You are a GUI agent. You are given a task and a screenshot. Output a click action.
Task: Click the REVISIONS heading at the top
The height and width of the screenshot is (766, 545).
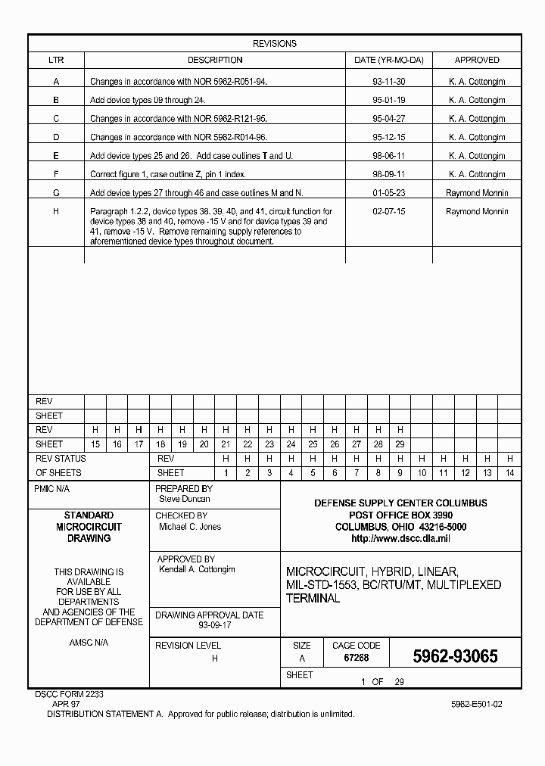click(x=274, y=44)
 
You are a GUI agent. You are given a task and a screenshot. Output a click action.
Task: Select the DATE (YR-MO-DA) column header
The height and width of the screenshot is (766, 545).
click(x=389, y=60)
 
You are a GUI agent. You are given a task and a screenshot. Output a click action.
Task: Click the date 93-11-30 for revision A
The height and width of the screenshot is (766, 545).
click(x=389, y=81)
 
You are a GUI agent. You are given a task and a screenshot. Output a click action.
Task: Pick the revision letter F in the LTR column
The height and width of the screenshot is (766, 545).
click(x=56, y=174)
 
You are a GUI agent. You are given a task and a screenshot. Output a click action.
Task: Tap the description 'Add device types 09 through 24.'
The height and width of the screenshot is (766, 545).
click(x=148, y=100)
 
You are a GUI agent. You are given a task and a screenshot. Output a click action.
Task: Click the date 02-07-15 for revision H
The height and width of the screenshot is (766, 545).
click(x=389, y=212)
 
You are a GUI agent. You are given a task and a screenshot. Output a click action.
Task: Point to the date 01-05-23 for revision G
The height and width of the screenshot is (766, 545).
click(x=389, y=193)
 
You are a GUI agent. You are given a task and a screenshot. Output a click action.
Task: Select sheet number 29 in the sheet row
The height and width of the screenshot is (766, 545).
click(x=400, y=444)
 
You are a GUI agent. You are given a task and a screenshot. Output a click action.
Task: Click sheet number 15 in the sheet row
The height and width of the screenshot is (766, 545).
click(x=95, y=444)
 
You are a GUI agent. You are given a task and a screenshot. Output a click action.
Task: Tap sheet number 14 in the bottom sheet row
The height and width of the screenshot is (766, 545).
click(x=509, y=473)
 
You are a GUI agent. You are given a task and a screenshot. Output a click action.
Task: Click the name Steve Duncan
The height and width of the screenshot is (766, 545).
click(x=184, y=499)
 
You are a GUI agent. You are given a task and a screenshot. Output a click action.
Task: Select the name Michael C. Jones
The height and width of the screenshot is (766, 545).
click(x=189, y=526)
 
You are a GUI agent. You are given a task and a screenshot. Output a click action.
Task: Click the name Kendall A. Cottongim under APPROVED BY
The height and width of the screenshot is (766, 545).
click(x=197, y=569)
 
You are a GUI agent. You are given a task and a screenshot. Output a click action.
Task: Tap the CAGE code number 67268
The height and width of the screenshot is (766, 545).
click(x=356, y=659)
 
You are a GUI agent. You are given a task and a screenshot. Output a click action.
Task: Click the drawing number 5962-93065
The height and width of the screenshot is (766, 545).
click(x=454, y=656)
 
